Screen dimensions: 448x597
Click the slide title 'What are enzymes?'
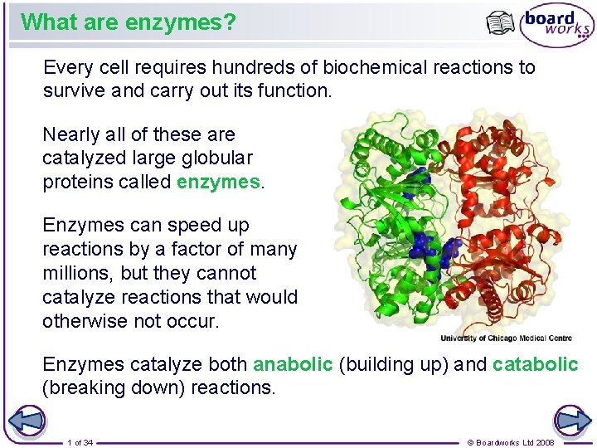point(129,22)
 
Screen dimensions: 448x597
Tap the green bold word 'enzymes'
point(219,183)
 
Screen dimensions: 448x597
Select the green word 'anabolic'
point(293,364)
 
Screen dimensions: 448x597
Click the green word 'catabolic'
point(535,364)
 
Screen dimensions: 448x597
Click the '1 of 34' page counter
point(80,442)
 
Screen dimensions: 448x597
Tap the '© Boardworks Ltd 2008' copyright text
point(512,442)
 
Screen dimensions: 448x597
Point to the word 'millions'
point(76,273)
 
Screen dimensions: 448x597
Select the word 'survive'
point(73,90)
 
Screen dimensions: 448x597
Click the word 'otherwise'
point(85,321)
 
